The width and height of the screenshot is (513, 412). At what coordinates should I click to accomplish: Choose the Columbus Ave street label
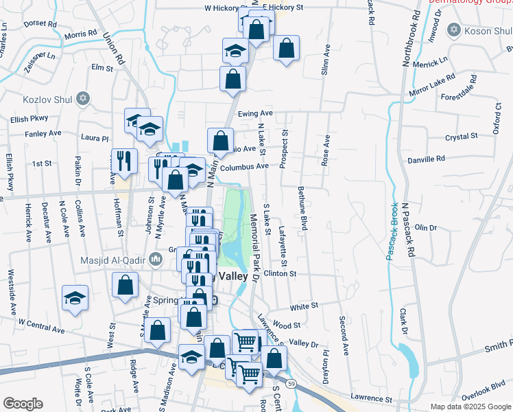pyautogui.click(x=244, y=166)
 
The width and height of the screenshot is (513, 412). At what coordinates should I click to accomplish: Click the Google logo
pyautogui.click(x=23, y=404)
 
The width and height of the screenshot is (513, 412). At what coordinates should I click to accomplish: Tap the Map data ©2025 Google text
pyautogui.click(x=470, y=407)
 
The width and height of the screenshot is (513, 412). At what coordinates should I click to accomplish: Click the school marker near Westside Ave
pyautogui.click(x=75, y=299)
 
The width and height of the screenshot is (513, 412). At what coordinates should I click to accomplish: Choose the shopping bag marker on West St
pyautogui.click(x=126, y=286)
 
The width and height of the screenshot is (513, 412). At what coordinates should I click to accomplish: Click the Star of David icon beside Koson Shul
pyautogui.click(x=452, y=30)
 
